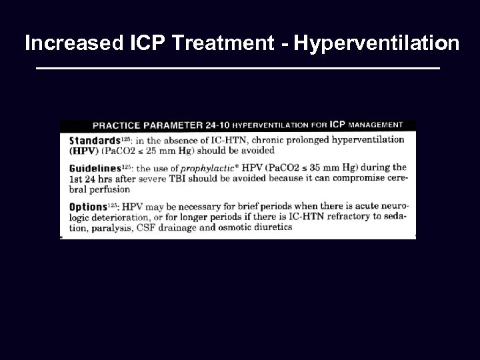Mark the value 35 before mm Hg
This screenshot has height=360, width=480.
(321, 168)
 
